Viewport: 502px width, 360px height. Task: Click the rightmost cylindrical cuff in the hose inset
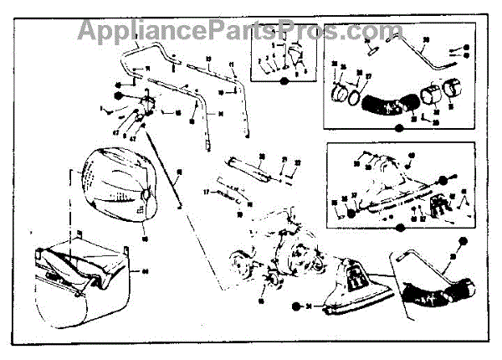[455, 88]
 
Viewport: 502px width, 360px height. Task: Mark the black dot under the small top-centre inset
[284, 81]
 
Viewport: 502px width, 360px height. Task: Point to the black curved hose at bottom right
[435, 289]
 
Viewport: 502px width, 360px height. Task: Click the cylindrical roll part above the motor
[251, 169]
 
